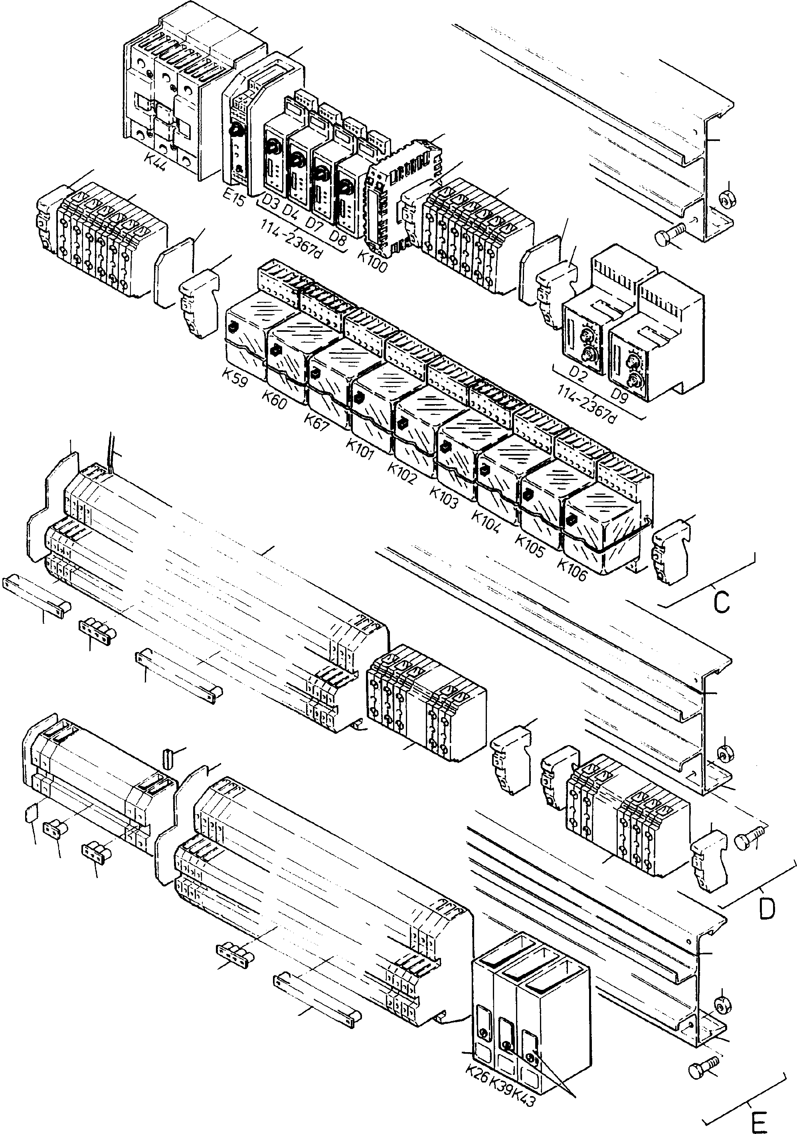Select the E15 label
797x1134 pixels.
pos(233,196)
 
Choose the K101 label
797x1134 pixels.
pos(360,450)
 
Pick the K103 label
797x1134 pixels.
pos(444,498)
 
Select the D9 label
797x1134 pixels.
pos(619,395)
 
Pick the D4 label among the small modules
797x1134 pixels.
pos(290,210)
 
